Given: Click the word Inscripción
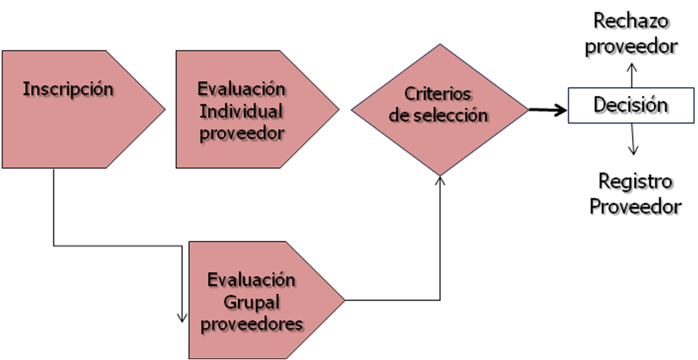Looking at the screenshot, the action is click(x=68, y=89).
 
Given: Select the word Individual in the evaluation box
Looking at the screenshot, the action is click(x=241, y=111).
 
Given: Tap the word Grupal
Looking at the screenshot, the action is click(x=252, y=303).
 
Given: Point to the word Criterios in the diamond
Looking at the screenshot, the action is click(x=437, y=94).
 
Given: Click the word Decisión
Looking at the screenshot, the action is click(x=631, y=105).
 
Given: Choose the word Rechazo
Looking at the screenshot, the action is click(x=631, y=21).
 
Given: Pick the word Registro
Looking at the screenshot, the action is click(x=635, y=182).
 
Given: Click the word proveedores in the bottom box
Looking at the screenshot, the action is click(x=252, y=324).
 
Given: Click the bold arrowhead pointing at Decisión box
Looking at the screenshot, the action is click(x=562, y=110).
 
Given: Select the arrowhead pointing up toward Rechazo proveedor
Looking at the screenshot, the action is click(x=632, y=67).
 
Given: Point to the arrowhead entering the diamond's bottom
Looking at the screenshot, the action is click(x=440, y=180).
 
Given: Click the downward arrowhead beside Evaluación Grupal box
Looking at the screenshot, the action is click(x=182, y=318).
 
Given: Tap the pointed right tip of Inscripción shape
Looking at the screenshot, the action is click(x=164, y=108).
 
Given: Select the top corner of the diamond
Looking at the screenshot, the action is click(x=440, y=44).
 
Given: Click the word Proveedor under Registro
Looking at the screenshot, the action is click(x=635, y=206).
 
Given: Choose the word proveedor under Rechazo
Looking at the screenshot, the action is click(x=631, y=46).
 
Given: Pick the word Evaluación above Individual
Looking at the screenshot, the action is click(x=241, y=89).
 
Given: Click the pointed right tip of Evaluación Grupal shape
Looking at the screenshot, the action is click(x=345, y=300).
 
